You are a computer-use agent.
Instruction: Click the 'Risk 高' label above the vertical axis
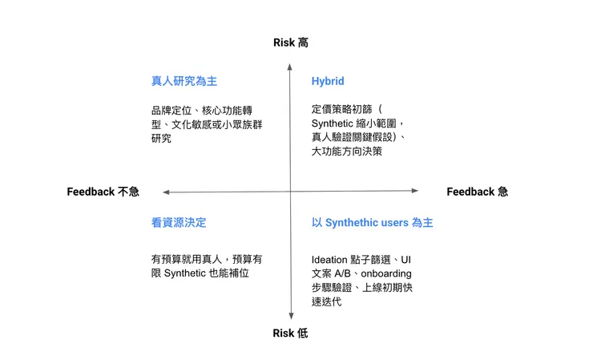(x=290, y=42)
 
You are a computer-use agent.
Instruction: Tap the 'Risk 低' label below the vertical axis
(x=290, y=333)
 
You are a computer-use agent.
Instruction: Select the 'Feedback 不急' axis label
(x=103, y=192)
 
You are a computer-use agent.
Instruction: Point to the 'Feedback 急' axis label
(x=478, y=192)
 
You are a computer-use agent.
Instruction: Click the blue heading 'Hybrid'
(x=328, y=81)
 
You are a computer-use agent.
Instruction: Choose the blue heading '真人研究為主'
(x=184, y=81)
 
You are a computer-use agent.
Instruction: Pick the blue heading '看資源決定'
(x=179, y=223)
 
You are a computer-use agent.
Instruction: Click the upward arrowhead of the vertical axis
(x=290, y=67)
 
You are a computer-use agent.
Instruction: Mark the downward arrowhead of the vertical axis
(x=291, y=316)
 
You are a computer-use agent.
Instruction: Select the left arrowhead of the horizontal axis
(x=166, y=192)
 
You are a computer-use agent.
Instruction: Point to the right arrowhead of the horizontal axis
(x=415, y=191)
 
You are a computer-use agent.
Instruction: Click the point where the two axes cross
(x=290, y=192)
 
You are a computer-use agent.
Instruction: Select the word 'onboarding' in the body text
(x=386, y=273)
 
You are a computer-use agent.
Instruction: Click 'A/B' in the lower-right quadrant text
(x=343, y=273)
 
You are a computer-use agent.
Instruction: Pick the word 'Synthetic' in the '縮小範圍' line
(x=332, y=123)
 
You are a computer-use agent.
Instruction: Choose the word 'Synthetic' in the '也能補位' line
(x=185, y=273)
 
